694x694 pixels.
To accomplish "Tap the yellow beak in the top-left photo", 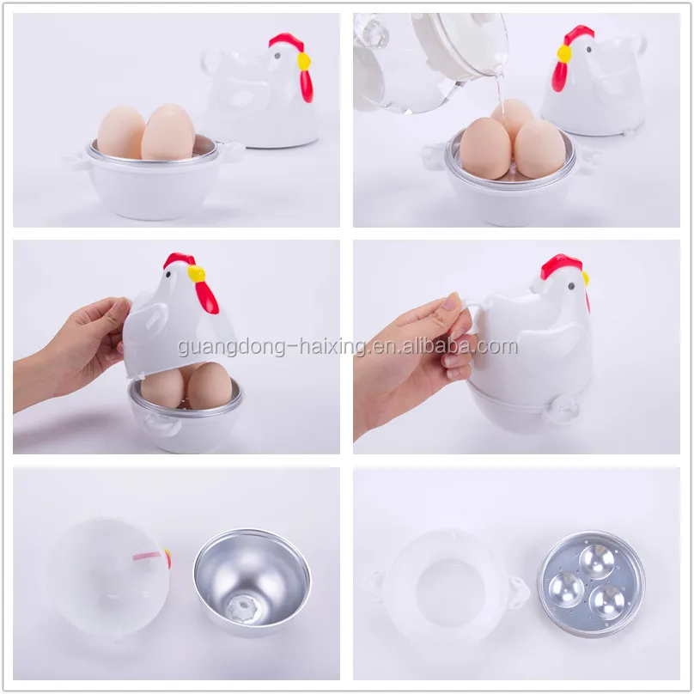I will tap(303, 60).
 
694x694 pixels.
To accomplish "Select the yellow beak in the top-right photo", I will tap(563, 52).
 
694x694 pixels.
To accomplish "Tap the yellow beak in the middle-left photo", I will tap(197, 273).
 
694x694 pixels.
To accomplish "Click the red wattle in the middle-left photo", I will tap(206, 295).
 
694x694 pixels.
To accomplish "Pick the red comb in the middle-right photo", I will tap(561, 265).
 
